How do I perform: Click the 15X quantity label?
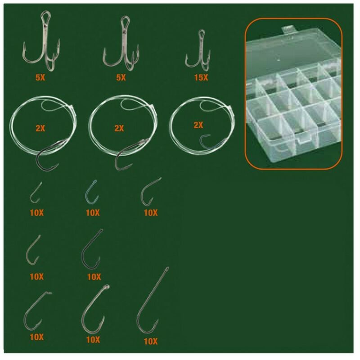pyautogui.click(x=201, y=77)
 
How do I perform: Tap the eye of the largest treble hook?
pyautogui.click(x=45, y=16)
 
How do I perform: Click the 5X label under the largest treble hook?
pyautogui.click(x=40, y=77)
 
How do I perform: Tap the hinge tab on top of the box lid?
pyautogui.click(x=288, y=29)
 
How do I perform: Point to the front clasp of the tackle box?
pyautogui.click(x=304, y=140)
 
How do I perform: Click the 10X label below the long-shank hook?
pyautogui.click(x=151, y=342)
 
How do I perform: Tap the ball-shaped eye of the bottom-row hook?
pyautogui.click(x=107, y=287)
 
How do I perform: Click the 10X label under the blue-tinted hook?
pyautogui.click(x=93, y=213)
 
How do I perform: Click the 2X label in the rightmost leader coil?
pyautogui.click(x=198, y=125)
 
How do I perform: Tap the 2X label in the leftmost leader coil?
pyautogui.click(x=40, y=128)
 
